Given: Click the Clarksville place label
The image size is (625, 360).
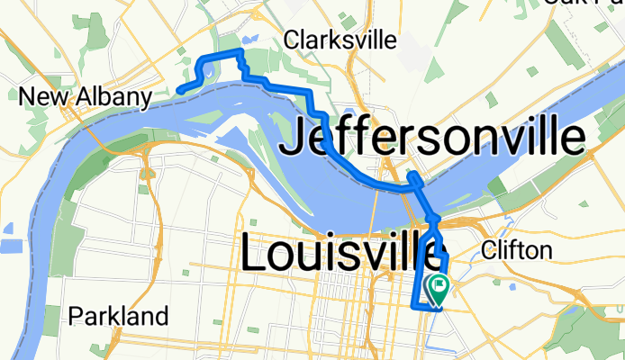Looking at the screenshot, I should (x=340, y=40).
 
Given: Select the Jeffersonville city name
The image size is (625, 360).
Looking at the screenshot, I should (x=433, y=140).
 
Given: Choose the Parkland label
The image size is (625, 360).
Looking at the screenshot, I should (x=119, y=316).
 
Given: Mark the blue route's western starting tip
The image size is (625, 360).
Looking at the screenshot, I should (x=179, y=90).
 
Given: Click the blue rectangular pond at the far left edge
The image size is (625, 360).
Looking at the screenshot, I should (x=11, y=247).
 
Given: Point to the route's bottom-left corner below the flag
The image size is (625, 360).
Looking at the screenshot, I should (x=415, y=306).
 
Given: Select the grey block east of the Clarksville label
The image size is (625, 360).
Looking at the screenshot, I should (x=413, y=55).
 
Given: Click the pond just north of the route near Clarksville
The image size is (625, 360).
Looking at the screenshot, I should (x=249, y=41).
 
